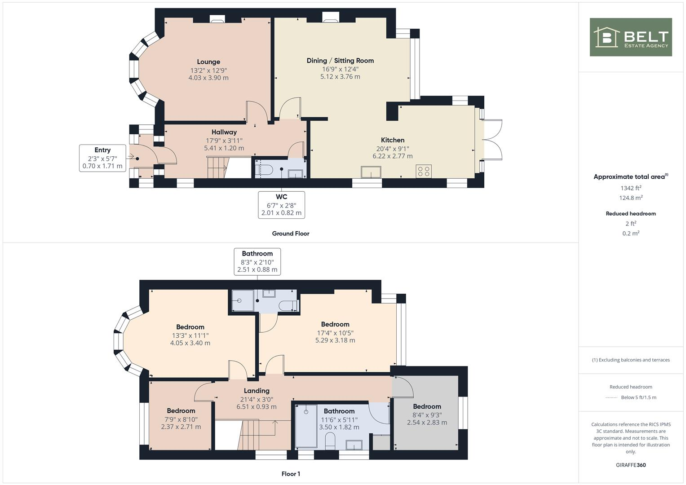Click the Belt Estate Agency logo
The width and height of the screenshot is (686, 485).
(x=630, y=37)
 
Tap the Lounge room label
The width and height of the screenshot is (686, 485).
(x=208, y=62)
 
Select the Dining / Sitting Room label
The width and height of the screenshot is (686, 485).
(x=340, y=61)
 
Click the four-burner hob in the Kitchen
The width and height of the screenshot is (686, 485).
(x=424, y=172)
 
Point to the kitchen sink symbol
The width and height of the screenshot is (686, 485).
(x=371, y=172)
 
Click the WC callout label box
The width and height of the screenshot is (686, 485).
(x=281, y=205)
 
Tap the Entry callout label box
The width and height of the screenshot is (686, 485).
(x=102, y=158)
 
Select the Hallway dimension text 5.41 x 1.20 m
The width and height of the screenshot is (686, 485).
(x=224, y=148)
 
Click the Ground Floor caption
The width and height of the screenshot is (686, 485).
(x=291, y=234)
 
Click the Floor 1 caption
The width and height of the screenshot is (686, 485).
(x=291, y=474)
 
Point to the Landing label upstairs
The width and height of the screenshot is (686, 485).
(x=257, y=391)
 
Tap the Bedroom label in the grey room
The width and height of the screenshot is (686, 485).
(x=427, y=406)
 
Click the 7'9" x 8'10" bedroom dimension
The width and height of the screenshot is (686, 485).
(x=181, y=419)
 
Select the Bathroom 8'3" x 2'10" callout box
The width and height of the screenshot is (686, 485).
(x=257, y=262)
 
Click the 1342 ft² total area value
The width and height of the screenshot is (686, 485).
(x=631, y=188)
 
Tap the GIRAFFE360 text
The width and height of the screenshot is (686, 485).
(x=631, y=465)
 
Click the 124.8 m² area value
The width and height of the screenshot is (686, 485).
(x=631, y=198)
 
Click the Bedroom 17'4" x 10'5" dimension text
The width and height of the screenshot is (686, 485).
(x=335, y=333)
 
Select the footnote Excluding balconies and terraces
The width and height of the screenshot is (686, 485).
(x=631, y=360)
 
